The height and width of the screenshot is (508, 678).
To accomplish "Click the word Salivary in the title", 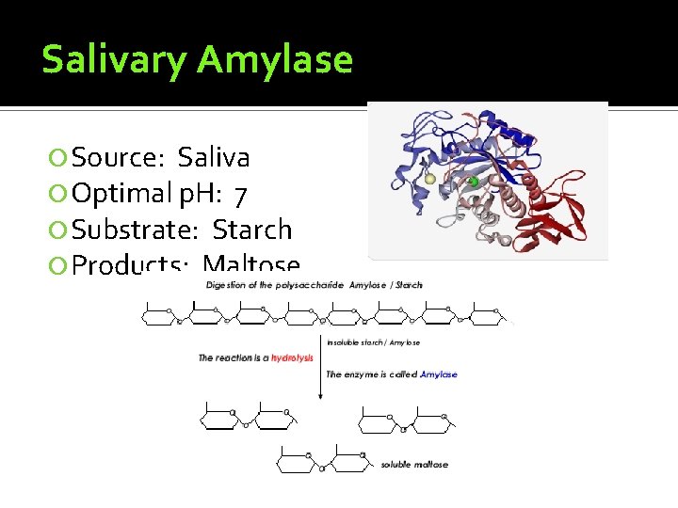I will pos(113,60).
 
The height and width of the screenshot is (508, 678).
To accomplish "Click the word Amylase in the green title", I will pos(274,60).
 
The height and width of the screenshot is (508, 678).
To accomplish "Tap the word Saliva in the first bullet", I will pos(214,156).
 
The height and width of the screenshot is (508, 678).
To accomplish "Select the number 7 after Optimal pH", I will pos(241,194).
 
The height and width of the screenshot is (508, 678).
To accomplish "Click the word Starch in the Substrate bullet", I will pos(252,230).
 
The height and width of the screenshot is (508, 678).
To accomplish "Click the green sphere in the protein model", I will pos(474,182).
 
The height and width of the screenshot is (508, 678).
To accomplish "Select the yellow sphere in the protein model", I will pos(430,179).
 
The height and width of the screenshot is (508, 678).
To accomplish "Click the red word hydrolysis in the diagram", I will pos(292,358).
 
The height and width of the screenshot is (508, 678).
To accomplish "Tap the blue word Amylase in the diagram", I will pos(439,374).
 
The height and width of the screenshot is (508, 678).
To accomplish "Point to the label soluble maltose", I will pos(414,464).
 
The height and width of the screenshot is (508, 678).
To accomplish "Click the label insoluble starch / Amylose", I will pos(374,342).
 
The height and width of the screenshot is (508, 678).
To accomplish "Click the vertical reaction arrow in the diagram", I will pos(320,367).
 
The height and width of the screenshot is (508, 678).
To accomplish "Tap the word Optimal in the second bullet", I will pos(122,194).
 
